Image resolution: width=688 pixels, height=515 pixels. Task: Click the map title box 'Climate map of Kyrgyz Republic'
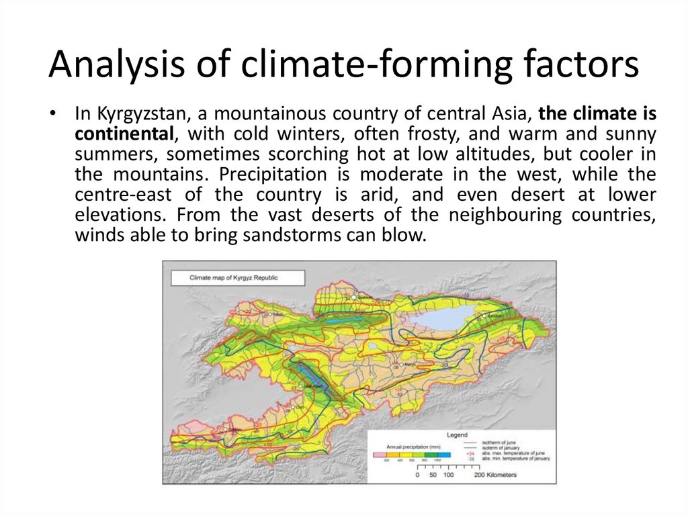(236, 277)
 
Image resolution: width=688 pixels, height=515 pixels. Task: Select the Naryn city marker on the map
(402, 365)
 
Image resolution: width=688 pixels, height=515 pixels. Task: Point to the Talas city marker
(268, 314)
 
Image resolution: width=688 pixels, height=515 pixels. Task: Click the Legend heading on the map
(457, 434)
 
